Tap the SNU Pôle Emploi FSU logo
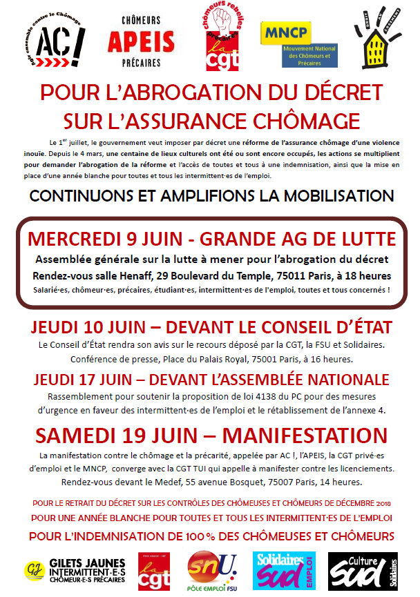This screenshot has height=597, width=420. tap(212, 570)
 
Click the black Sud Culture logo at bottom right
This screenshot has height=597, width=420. tap(363, 570)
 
